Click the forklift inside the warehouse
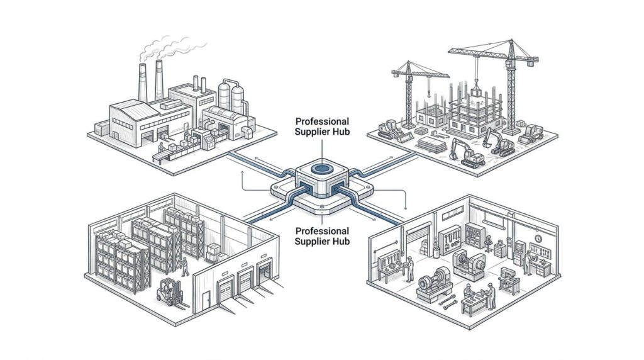[170, 292]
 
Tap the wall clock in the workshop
[538, 239]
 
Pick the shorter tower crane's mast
[409, 94]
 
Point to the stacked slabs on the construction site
[432, 144]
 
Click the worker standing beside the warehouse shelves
[185, 267]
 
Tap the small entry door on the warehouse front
[206, 300]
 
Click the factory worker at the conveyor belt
[162, 148]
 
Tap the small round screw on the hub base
[322, 205]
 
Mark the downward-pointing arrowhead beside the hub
[406, 206]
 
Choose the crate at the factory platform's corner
[102, 128]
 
